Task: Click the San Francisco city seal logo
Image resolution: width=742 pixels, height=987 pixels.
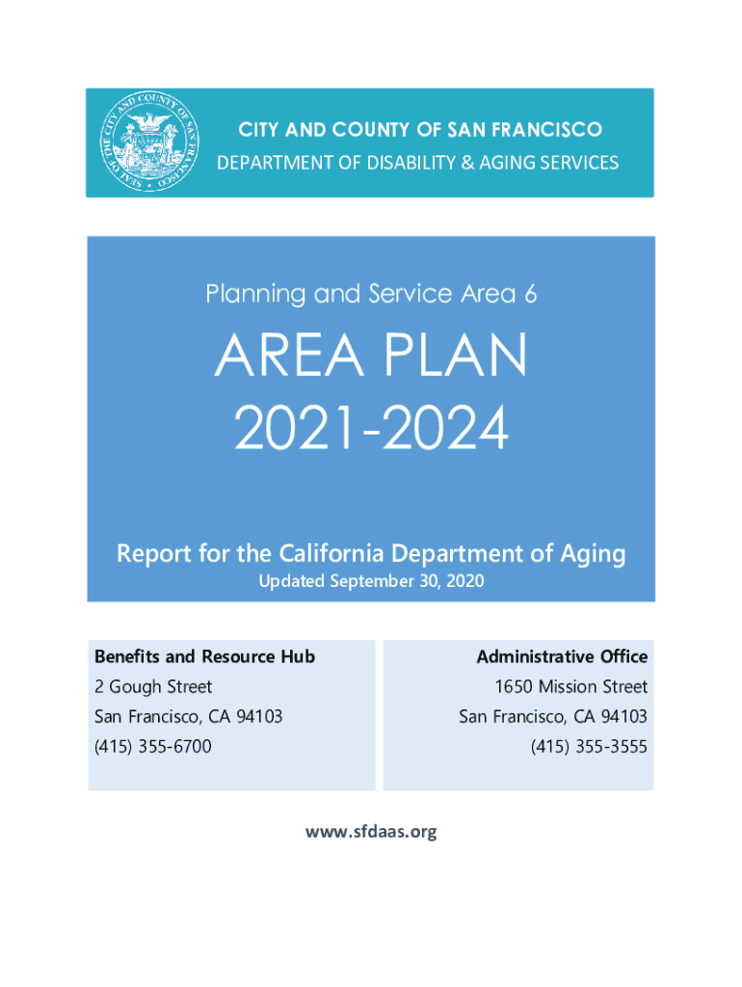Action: point(149,141)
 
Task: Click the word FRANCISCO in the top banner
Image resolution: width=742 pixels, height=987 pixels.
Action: point(546,130)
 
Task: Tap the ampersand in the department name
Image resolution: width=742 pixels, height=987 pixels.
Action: point(467,162)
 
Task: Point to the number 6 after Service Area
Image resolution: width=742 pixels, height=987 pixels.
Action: point(530,294)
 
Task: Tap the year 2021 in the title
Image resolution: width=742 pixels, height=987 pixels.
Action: point(295,428)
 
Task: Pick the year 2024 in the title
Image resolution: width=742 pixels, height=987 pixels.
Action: point(445,428)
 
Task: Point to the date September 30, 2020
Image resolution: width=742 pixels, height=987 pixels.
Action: point(407,580)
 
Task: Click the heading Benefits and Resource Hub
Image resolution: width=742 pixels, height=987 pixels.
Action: point(204,656)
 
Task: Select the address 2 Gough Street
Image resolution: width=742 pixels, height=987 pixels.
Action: point(153,686)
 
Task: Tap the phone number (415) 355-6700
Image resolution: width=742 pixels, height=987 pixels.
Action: point(153,747)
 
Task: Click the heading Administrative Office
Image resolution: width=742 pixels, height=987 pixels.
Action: point(562,656)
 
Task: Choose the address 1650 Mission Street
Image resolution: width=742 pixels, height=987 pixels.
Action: point(570,686)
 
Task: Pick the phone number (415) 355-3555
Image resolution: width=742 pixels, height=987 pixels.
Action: point(589,747)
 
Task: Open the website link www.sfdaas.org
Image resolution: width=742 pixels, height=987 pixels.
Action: point(371,832)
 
